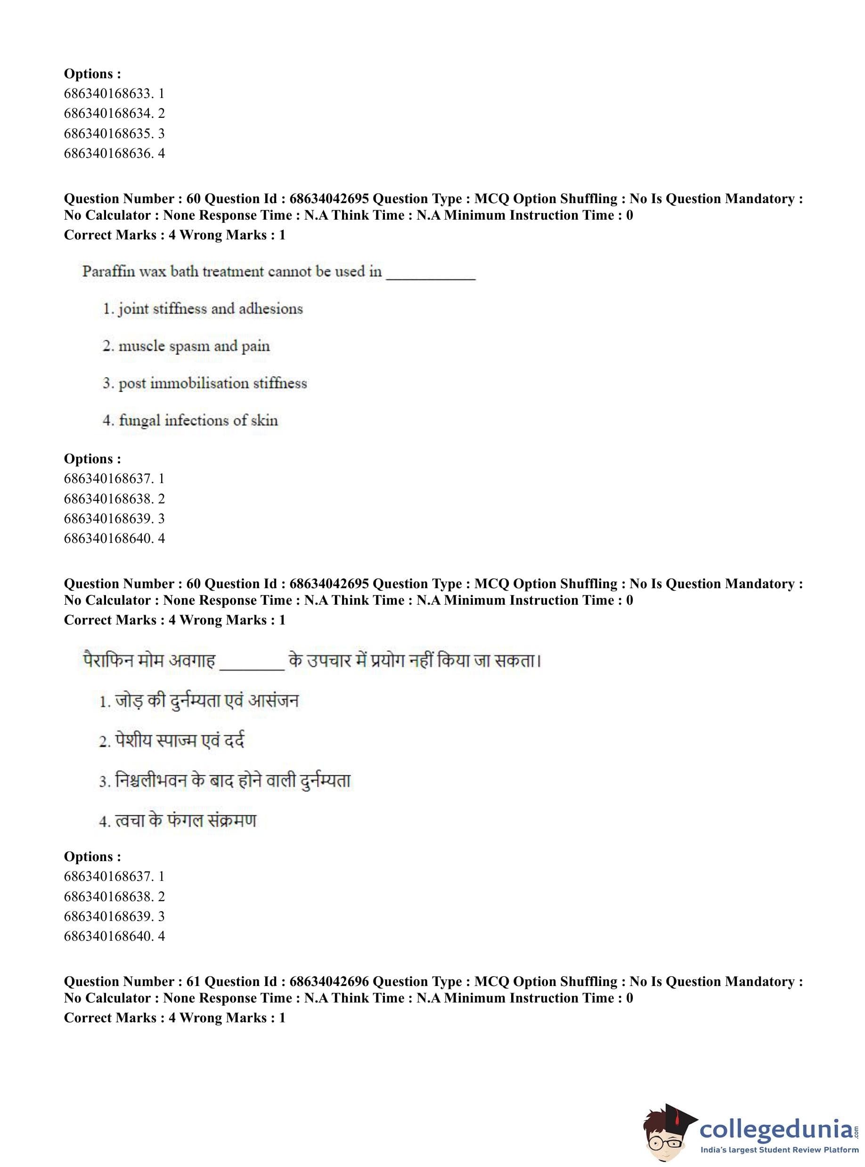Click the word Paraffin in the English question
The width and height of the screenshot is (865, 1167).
(x=108, y=271)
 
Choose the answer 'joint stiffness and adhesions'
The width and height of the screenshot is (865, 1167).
(x=210, y=309)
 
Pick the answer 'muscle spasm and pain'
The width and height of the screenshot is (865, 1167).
(x=194, y=346)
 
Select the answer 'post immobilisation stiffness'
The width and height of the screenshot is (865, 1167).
(x=212, y=383)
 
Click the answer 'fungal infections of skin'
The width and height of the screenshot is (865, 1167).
(x=198, y=420)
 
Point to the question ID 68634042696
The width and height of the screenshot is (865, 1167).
(x=329, y=982)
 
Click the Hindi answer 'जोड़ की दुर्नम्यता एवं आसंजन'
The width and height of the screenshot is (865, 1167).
(x=207, y=701)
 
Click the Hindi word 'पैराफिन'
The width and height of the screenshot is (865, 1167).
(x=108, y=661)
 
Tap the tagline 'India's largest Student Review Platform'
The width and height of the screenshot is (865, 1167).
(x=779, y=1150)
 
